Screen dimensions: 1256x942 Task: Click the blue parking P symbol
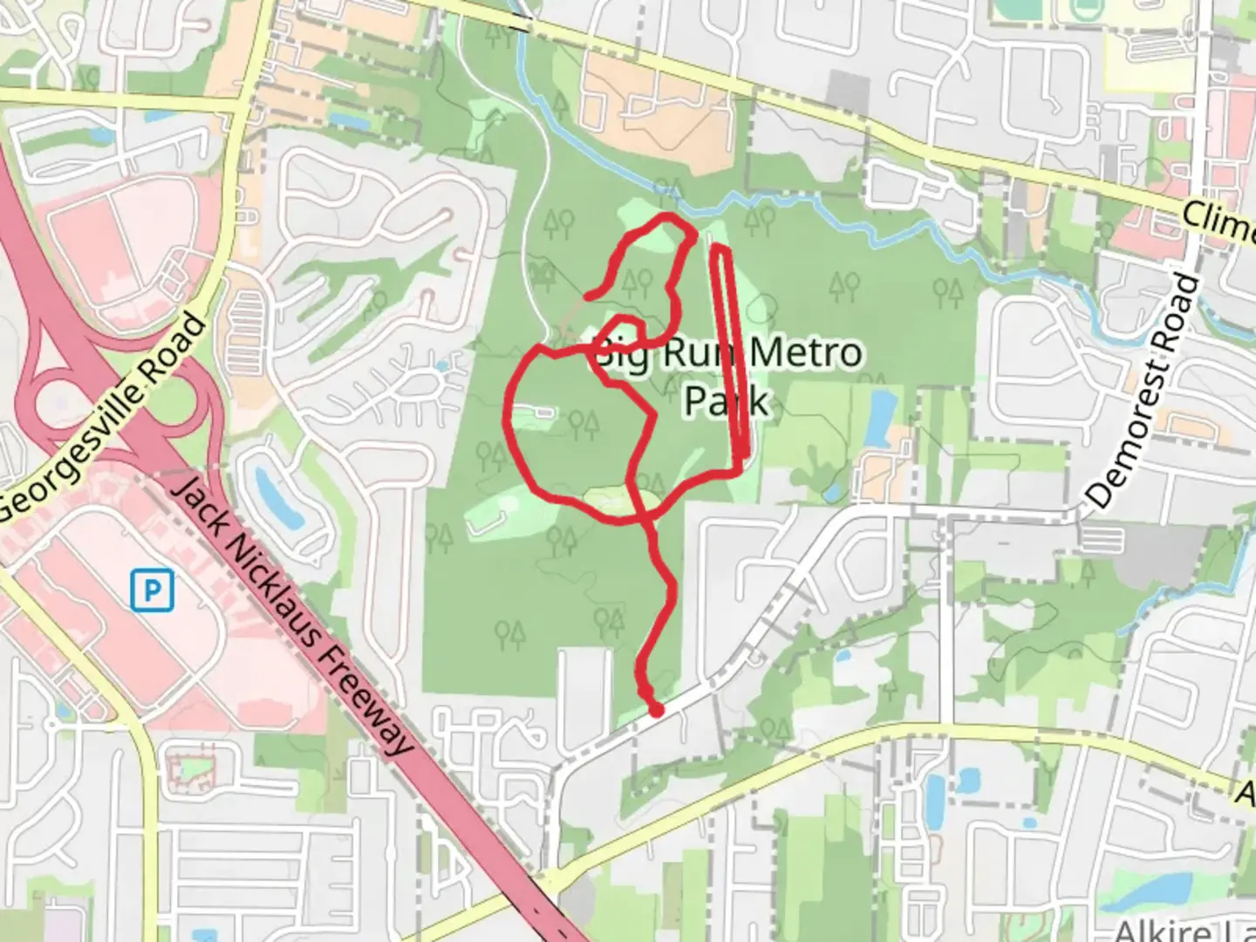point(152,590)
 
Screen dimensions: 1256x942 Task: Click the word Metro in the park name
point(806,353)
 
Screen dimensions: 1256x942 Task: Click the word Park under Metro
point(726,400)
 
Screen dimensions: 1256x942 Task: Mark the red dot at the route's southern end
point(656,711)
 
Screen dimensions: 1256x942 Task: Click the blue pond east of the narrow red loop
point(882,417)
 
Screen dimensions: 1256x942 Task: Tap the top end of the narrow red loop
point(720,249)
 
